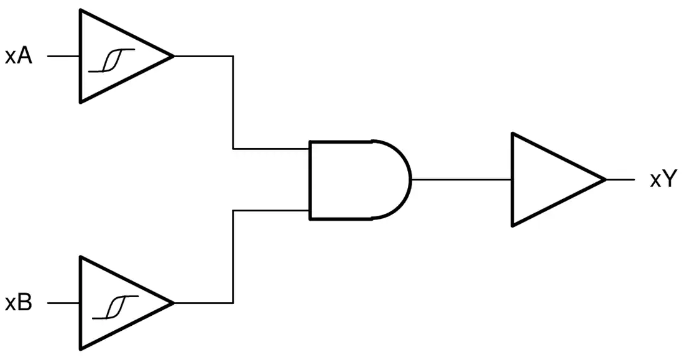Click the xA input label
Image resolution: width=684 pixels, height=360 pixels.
tap(19, 57)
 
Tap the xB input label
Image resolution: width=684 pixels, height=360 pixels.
tap(19, 303)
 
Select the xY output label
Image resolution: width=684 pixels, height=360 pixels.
tap(663, 179)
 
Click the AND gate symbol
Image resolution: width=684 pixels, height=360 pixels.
tap(360, 180)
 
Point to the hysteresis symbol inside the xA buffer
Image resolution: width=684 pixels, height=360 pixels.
tap(112, 60)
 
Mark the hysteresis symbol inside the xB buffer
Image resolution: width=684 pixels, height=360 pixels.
tap(116, 307)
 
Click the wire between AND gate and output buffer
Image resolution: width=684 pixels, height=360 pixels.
tap(461, 179)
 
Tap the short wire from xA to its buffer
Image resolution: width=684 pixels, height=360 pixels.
tap(63, 57)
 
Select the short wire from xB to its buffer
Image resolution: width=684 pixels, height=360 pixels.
tap(63, 303)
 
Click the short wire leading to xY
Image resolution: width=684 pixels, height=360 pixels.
tap(621, 179)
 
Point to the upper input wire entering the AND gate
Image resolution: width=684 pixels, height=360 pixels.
tap(233, 103)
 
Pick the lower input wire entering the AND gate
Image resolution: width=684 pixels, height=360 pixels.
tap(233, 257)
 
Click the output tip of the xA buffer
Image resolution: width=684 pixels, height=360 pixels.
tap(173, 57)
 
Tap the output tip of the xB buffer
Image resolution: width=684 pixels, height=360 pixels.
tap(173, 303)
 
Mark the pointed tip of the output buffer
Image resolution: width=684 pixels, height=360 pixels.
tap(606, 179)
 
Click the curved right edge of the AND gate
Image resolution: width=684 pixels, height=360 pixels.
tap(411, 180)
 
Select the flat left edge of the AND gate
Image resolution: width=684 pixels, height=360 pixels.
tap(310, 180)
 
